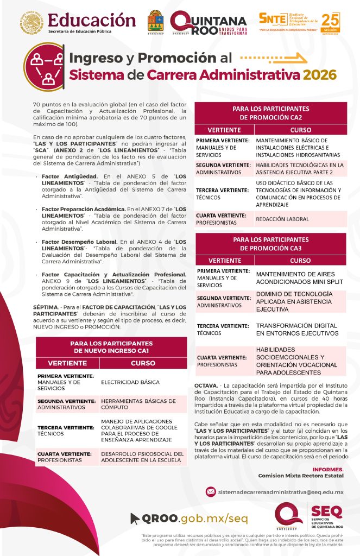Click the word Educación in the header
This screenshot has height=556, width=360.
click(92, 20)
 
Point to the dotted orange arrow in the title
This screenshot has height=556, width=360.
click(270, 57)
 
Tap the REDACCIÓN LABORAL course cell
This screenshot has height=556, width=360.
click(282, 219)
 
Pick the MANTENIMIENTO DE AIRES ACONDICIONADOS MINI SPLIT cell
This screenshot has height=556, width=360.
click(295, 278)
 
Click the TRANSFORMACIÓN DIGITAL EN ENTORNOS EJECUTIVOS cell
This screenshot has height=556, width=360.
click(296, 330)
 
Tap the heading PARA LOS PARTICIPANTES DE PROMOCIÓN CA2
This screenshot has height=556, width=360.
click(270, 113)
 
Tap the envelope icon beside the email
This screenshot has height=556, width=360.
click(211, 491)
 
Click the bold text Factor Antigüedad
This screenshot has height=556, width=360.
click(70, 176)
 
